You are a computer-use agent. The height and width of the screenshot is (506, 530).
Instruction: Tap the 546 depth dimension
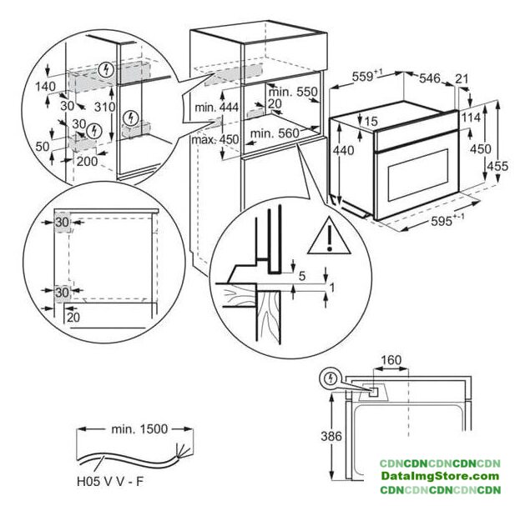(429, 78)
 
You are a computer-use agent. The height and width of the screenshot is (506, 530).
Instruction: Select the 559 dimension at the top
(363, 76)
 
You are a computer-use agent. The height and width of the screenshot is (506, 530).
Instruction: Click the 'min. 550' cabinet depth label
(296, 92)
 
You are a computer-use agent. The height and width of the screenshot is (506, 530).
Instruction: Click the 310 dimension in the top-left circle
(104, 107)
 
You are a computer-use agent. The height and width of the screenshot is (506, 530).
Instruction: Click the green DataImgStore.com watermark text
(439, 475)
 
